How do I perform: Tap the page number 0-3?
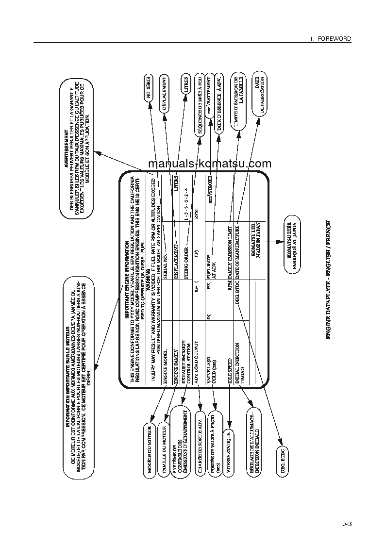click(346, 524)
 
